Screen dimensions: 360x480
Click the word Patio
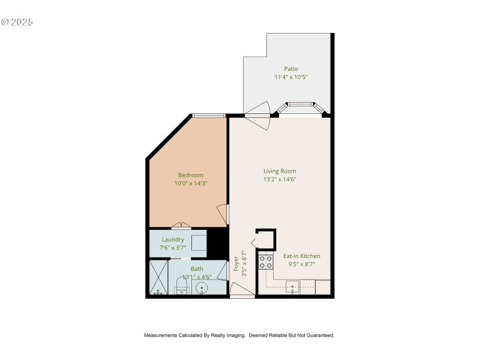click(x=290, y=68)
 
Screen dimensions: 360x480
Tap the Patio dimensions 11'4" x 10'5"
click(x=291, y=77)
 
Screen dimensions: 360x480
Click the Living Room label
click(x=280, y=171)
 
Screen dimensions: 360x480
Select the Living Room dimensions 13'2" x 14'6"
click(x=280, y=179)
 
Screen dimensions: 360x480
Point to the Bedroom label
click(x=190, y=175)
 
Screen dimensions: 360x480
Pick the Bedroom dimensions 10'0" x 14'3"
click(x=190, y=183)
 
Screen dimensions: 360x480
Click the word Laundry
click(x=172, y=239)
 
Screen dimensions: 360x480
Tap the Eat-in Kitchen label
click(x=302, y=256)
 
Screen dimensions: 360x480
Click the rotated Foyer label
click(x=236, y=265)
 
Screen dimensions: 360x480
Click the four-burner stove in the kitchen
click(x=265, y=262)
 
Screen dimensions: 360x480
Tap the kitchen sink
click(x=293, y=287)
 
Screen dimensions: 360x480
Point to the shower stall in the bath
click(x=158, y=277)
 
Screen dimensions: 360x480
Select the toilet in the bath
click(x=182, y=289)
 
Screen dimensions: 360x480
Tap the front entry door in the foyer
click(x=242, y=290)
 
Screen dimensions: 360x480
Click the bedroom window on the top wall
click(x=208, y=115)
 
